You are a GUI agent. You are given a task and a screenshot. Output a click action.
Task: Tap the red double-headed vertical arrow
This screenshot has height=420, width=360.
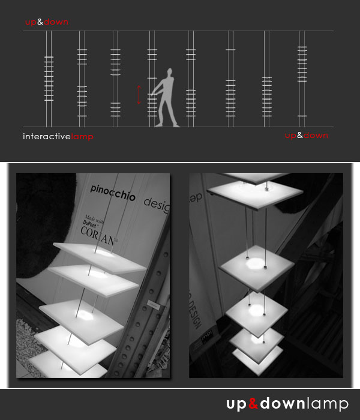139,95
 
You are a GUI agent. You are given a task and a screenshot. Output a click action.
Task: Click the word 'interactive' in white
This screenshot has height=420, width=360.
47,136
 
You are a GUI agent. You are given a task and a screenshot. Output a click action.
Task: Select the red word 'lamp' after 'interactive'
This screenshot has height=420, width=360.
82,136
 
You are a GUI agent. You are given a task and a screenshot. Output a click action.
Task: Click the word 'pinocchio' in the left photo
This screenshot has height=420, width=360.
113,196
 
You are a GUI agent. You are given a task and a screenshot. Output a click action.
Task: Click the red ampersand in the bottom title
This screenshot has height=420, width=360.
253,404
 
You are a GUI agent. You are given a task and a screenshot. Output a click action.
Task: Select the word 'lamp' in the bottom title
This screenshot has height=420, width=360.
327,404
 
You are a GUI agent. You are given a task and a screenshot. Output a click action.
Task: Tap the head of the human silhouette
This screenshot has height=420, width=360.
172,72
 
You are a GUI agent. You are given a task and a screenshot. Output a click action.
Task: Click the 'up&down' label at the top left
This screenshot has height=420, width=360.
47,22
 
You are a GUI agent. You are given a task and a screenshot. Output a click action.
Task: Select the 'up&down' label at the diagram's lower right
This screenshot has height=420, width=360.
306,136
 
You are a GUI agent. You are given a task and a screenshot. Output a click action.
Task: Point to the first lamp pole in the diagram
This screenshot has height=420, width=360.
49,78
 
